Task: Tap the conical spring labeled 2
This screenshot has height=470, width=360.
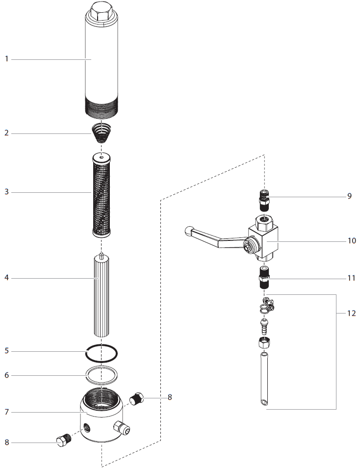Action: pyautogui.click(x=101, y=132)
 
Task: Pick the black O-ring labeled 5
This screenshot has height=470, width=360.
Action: pyautogui.click(x=101, y=352)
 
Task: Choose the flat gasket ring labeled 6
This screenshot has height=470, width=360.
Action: pyautogui.click(x=101, y=375)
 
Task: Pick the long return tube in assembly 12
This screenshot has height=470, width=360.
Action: pyautogui.click(x=265, y=378)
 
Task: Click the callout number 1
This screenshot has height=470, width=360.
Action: pyautogui.click(x=7, y=59)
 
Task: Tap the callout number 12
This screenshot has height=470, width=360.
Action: pyautogui.click(x=351, y=313)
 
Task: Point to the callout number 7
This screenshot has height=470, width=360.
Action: pyautogui.click(x=7, y=412)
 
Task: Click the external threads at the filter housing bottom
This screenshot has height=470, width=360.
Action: pyautogui.click(x=101, y=108)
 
